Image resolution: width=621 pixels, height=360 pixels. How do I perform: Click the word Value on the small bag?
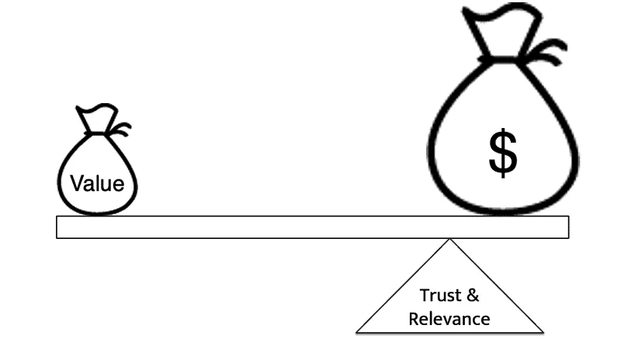tap(97, 184)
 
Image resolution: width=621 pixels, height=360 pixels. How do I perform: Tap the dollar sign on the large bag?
tap(503, 153)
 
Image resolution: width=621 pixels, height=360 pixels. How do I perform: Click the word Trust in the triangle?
tap(435, 296)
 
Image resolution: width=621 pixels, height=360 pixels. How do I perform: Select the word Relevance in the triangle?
tap(449, 318)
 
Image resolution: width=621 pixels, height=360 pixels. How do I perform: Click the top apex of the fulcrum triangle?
tap(449, 240)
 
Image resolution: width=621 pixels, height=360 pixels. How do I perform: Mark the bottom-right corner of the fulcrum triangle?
tap(542, 332)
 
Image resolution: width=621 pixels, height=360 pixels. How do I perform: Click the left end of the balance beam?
tap(58, 227)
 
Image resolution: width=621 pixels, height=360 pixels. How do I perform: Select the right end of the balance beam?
tap(567, 227)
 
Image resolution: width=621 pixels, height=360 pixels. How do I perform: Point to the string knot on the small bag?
tap(119, 130)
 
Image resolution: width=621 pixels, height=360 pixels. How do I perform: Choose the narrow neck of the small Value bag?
tap(97, 133)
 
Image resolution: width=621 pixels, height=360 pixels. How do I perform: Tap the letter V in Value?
tap(76, 184)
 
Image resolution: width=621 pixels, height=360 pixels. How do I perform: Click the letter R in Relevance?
tap(414, 318)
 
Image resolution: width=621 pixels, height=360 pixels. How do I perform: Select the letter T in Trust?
tap(424, 296)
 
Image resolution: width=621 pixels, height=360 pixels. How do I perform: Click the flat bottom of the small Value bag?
tap(97, 212)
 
